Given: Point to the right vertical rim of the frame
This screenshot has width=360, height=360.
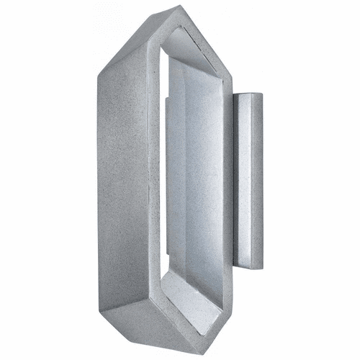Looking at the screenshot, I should tap(228, 180).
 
